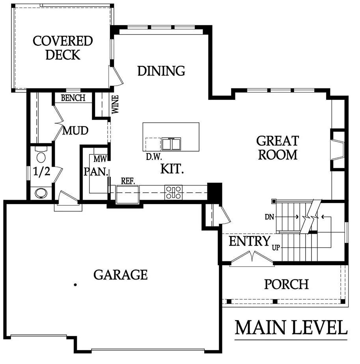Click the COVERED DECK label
[x=63, y=48]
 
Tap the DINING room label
[x=161, y=71]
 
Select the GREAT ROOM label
[x=278, y=148]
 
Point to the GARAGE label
[x=121, y=275]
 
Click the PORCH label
[x=287, y=284]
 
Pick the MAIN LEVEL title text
[x=291, y=328]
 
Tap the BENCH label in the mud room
[x=73, y=98]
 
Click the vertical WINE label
[x=115, y=105]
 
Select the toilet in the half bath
[x=41, y=155]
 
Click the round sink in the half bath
[x=41, y=193]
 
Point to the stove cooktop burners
[x=173, y=192]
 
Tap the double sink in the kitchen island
[x=171, y=144]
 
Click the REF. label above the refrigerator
[x=128, y=181]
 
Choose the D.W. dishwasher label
[x=154, y=157]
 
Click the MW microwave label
[x=100, y=159]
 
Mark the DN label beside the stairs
[x=269, y=217]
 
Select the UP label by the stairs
[x=276, y=248]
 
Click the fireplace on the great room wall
[x=338, y=150]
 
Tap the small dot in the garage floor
[x=75, y=285]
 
